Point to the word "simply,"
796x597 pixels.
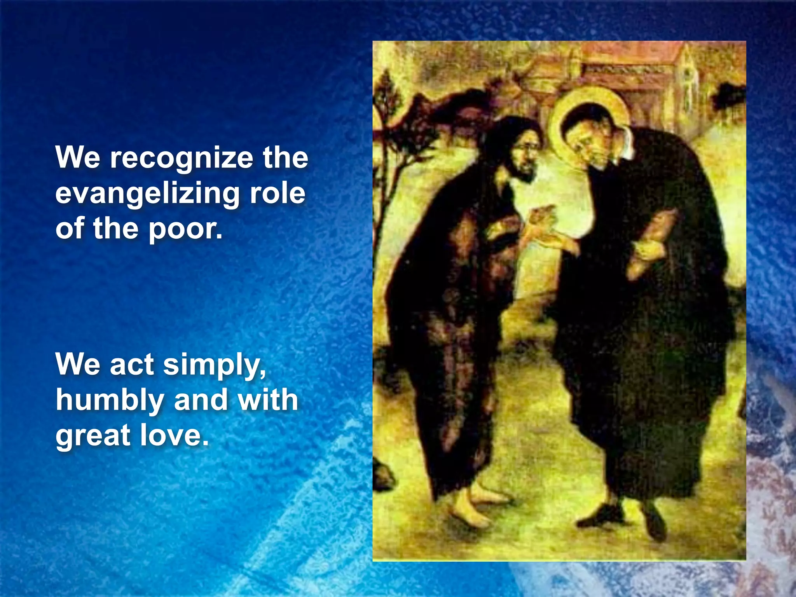(215, 365)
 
